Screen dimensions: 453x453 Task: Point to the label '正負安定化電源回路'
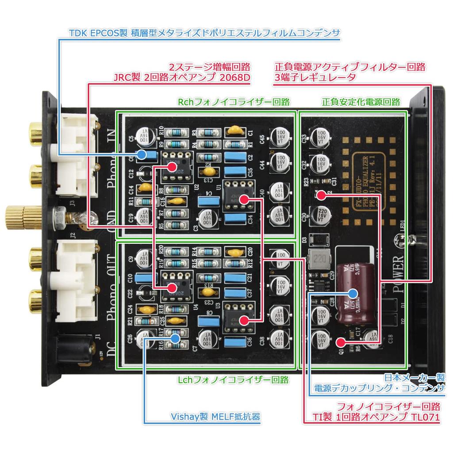[361, 102]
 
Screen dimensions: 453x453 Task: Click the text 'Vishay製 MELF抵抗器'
[215, 417]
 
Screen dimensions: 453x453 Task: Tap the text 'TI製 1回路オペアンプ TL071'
[376, 417]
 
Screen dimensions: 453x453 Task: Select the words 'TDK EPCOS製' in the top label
[98, 33]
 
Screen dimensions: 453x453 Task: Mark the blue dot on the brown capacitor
[353, 293]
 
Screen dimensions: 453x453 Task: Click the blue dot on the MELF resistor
[175, 338]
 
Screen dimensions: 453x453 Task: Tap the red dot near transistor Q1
[340, 342]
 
